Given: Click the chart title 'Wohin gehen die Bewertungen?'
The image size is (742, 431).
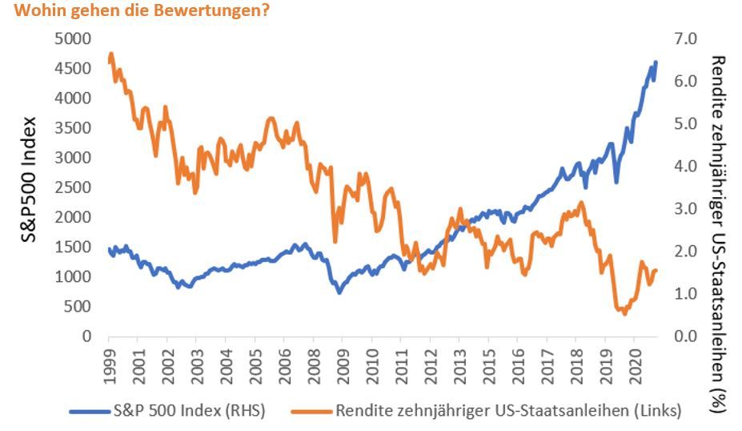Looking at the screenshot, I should pos(135,12).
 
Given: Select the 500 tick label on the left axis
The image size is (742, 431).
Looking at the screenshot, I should pos(78,307).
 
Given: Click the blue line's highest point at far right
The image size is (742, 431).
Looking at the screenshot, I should pos(656,62).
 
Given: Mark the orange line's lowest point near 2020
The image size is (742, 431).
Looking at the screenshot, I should pos(624,313).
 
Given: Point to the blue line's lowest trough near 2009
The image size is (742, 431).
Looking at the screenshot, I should pos(339,292).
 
